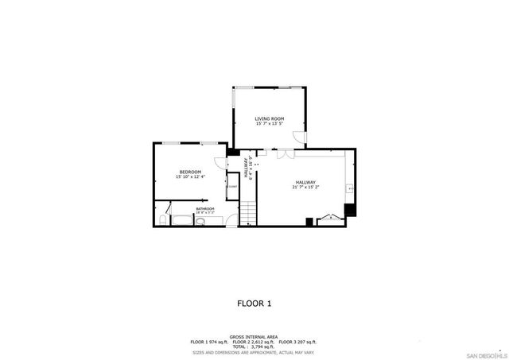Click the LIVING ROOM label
[x=270, y=118]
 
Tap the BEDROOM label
[x=189, y=172]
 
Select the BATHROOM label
[x=205, y=208]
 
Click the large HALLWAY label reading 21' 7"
[x=306, y=182]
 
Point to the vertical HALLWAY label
[x=247, y=168]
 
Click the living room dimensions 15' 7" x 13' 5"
[x=270, y=124]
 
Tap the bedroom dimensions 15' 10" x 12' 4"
[x=189, y=176]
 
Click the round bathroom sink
[x=200, y=223]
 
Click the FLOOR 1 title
[x=254, y=303]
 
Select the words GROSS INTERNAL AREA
[x=254, y=337]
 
